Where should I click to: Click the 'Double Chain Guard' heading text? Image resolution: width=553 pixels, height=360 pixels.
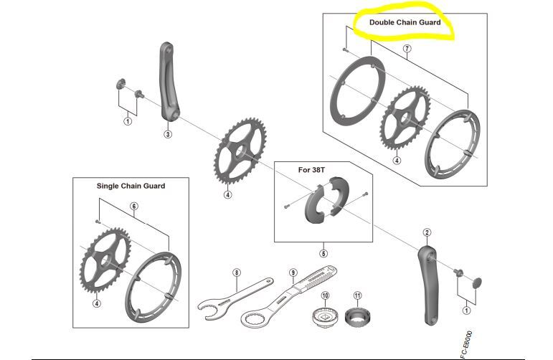pyautogui.click(x=405, y=22)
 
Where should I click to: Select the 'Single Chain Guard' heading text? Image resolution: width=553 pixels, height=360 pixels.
pyautogui.click(x=131, y=186)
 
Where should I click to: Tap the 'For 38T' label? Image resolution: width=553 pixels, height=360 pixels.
pyautogui.click(x=312, y=170)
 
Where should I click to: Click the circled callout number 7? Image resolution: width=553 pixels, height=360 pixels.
pyautogui.click(x=407, y=49)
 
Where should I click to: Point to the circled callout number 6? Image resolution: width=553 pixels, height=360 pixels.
pyautogui.click(x=133, y=207)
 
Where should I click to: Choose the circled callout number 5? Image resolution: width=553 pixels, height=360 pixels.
pyautogui.click(x=323, y=252)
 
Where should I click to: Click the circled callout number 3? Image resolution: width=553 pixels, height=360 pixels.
pyautogui.click(x=167, y=134)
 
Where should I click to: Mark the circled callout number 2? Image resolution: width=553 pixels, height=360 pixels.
pyautogui.click(x=427, y=232)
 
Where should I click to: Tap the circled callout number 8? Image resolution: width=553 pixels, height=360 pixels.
pyautogui.click(x=237, y=273)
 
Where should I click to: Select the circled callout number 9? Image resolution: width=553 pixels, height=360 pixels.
pyautogui.click(x=293, y=273)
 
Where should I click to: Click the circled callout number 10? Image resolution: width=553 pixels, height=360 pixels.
pyautogui.click(x=324, y=295)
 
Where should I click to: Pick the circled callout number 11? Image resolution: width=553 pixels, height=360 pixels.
pyautogui.click(x=358, y=295)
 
